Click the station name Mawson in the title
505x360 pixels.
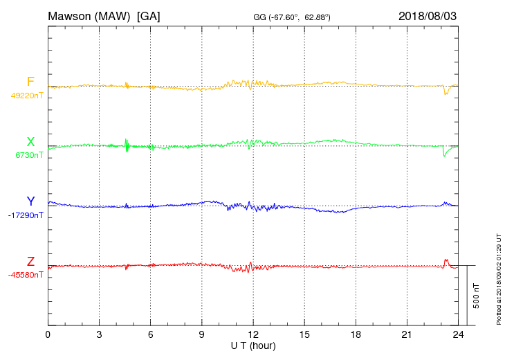[x=71, y=15]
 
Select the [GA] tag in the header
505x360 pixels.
[x=149, y=15]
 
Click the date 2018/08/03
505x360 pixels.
[x=428, y=15]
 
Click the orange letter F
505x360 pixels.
[x=30, y=82]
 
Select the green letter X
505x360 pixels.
[x=30, y=142]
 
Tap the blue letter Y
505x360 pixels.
[x=30, y=201]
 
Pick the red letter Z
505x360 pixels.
[x=30, y=262]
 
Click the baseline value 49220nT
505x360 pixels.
[x=27, y=96]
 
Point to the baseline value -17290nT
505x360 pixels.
[x=27, y=215]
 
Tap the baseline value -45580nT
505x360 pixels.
[x=26, y=275]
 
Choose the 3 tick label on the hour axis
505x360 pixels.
[x=99, y=335]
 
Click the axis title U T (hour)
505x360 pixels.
[x=253, y=345]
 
